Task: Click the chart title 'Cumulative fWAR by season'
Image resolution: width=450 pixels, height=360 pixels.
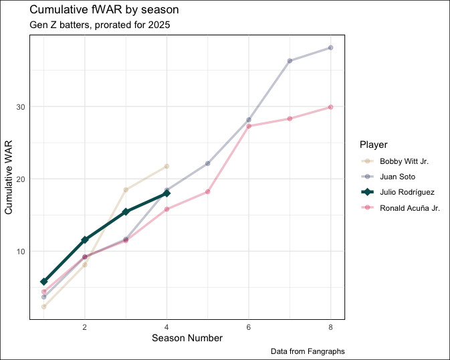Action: (104, 11)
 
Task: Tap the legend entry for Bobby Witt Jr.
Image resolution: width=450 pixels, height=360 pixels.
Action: (402, 161)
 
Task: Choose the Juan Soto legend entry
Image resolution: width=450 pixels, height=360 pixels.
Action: (397, 177)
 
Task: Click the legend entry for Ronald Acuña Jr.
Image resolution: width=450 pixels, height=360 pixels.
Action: (409, 208)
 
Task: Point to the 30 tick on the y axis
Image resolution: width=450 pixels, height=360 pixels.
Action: (21, 107)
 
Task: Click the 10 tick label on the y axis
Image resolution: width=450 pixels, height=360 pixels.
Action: (21, 252)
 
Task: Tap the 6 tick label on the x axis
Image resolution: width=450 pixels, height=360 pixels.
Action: (249, 327)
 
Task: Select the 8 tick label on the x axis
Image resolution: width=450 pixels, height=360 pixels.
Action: (330, 327)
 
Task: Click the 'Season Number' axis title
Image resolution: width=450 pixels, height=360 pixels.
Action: (187, 339)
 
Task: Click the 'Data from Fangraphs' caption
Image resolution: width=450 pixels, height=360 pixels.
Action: (308, 351)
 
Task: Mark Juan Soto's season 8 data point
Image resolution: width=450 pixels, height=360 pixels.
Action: (330, 48)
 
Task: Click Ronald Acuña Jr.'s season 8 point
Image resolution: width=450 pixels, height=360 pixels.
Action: (330, 107)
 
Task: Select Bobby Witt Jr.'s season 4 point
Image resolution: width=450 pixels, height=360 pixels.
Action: (166, 166)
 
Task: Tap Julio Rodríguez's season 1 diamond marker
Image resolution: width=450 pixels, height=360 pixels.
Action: (44, 282)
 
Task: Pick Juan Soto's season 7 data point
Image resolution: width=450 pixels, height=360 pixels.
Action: (290, 61)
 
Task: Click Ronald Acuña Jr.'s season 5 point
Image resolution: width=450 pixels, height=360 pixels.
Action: (208, 191)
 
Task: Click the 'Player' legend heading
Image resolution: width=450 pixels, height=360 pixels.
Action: (372, 144)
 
